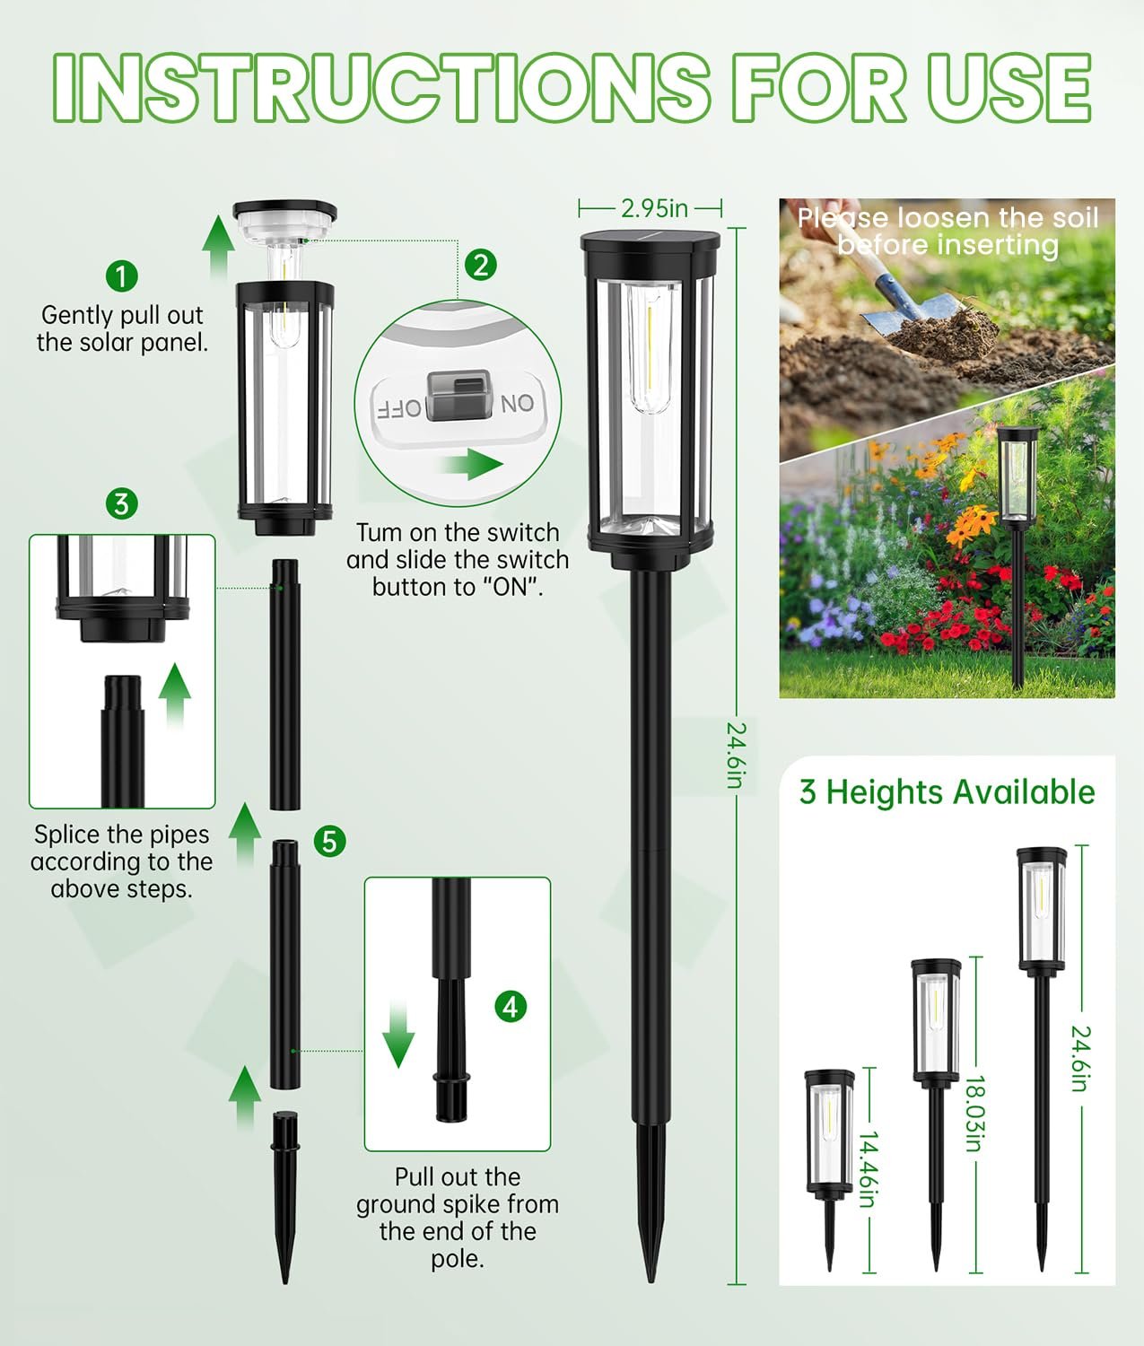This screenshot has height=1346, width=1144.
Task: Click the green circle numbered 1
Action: pos(122,275)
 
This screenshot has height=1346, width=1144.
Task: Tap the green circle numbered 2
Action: pos(482,265)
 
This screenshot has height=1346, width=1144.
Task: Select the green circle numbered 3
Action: pos(122,503)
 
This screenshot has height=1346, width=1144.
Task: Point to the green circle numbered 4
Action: pos(511,1007)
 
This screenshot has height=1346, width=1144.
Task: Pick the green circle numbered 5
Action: pos(330,841)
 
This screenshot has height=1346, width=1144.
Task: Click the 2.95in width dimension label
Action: pos(654,208)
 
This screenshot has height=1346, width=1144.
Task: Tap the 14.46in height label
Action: pos(867,1168)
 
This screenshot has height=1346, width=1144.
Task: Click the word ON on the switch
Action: pos(518,404)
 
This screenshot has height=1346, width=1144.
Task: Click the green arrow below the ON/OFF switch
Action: pos(471,465)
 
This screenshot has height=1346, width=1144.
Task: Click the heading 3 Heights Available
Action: pos(947,792)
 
